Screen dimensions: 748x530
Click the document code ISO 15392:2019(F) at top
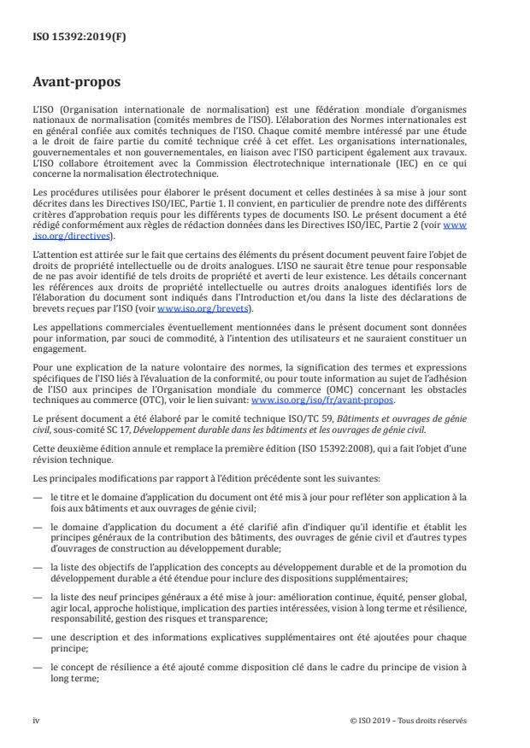67,37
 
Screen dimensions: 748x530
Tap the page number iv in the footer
37,720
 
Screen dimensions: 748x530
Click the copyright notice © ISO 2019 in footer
409,720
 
